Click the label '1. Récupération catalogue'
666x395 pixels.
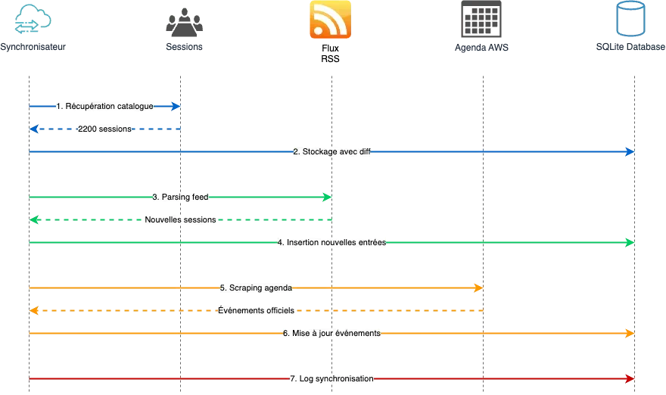105,107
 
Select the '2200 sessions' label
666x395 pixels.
105,129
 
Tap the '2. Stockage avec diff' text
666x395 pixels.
331,152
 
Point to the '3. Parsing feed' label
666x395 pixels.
181,197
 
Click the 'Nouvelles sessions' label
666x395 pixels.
180,220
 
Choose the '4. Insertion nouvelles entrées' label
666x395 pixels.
331,243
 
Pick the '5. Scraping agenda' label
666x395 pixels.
257,288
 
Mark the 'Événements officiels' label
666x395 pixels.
257,311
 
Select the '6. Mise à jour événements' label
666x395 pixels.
331,334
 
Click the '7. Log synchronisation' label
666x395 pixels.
331,378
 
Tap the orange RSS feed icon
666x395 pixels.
329,20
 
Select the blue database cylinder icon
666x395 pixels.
632,20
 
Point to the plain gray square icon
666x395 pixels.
481,20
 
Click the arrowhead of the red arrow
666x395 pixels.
630,378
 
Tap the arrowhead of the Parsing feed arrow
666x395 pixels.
327,197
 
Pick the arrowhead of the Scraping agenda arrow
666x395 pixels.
478,288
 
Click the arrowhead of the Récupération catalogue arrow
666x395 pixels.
176,107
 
